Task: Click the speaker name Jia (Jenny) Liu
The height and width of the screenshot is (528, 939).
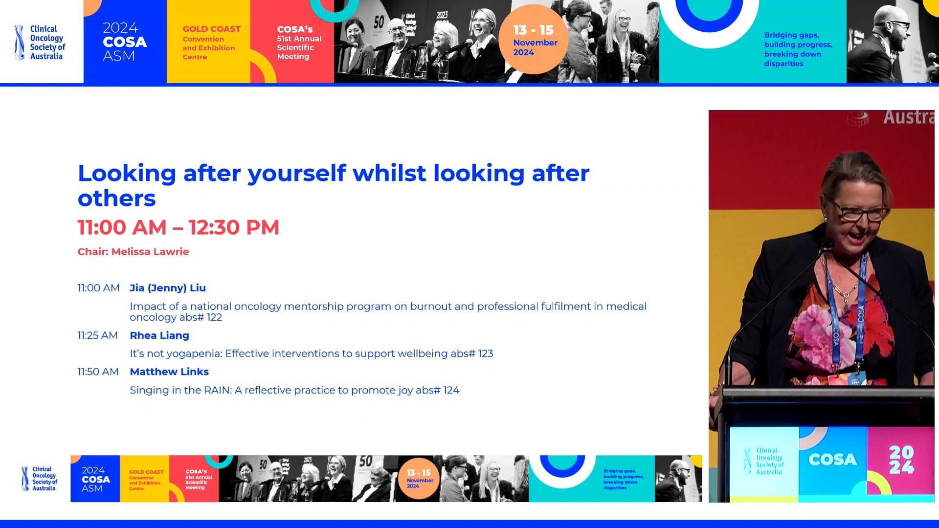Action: [x=167, y=288]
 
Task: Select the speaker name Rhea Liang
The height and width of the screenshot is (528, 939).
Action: [x=159, y=335]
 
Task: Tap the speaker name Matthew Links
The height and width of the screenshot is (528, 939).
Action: [x=169, y=372]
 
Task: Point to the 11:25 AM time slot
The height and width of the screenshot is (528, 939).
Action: [x=97, y=335]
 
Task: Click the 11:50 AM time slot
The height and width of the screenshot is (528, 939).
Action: [x=98, y=372]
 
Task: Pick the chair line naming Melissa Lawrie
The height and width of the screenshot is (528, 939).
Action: [x=133, y=252]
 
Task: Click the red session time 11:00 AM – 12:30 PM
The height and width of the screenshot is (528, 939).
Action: [x=178, y=227]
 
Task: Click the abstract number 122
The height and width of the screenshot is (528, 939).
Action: [x=214, y=317]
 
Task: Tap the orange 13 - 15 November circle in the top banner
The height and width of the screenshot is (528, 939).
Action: [x=534, y=40]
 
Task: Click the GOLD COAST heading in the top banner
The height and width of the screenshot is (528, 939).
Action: [x=211, y=29]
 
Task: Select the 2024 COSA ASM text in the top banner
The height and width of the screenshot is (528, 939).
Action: [x=124, y=42]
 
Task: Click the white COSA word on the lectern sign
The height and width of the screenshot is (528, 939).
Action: [x=832, y=460]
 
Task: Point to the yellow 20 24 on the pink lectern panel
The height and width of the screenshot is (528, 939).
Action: [x=901, y=460]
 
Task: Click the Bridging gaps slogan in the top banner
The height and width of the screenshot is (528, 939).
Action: [x=798, y=49]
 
